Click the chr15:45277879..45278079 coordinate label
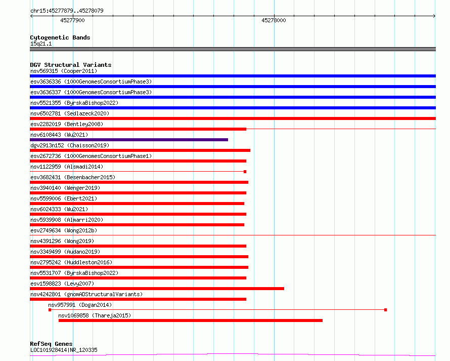tap(67, 11)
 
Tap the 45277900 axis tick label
tap(72, 20)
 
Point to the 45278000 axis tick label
tap(274, 20)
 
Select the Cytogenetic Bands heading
tap(60, 37)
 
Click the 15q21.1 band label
tap(41, 44)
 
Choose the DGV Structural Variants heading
tap(71, 65)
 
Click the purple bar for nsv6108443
tap(129, 140)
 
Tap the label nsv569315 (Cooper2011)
tap(64, 71)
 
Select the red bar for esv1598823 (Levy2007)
tap(157, 289)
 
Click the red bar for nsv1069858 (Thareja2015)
tap(191, 320)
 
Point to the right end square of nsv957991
tap(385, 310)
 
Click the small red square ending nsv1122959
tap(245, 172)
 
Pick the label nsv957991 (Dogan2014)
tap(80, 305)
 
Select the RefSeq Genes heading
tap(51, 344)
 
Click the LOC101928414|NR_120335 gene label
tap(64, 350)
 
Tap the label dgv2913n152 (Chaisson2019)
tap(70, 145)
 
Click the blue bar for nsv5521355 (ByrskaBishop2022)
tap(233, 108)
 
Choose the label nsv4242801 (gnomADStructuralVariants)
tap(86, 294)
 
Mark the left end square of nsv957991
tap(50, 310)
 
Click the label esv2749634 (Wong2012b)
tap(64, 230)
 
